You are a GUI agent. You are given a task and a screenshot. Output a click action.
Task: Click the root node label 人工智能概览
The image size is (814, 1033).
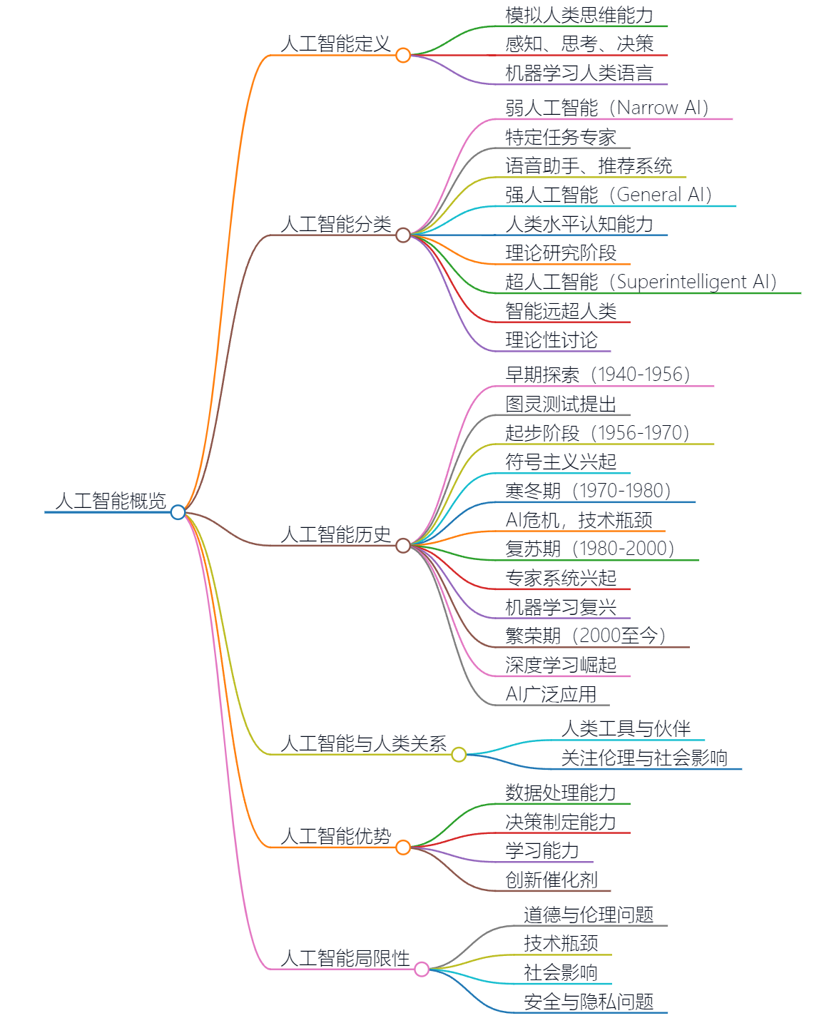[x=111, y=501]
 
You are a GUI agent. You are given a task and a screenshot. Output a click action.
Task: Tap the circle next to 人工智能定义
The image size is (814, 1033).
[x=403, y=55]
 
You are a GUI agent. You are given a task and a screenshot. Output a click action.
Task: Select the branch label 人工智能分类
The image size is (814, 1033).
[x=336, y=224]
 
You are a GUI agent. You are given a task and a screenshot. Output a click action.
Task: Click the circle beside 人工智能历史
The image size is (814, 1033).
[x=403, y=546]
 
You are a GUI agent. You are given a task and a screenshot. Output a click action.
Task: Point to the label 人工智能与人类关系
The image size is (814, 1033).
[x=363, y=743]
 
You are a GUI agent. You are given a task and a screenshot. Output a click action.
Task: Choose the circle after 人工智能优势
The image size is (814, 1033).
[x=403, y=847]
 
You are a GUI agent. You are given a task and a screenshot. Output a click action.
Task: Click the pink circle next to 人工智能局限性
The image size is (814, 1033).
[x=422, y=969]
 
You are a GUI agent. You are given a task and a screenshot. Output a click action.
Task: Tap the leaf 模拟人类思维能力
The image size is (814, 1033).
[x=579, y=15]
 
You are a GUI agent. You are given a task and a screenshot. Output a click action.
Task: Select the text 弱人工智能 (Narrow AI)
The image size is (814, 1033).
[x=606, y=108]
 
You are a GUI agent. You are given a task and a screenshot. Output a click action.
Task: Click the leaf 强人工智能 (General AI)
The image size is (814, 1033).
[x=609, y=195]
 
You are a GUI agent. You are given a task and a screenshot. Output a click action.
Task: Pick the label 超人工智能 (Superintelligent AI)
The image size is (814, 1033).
[x=641, y=282]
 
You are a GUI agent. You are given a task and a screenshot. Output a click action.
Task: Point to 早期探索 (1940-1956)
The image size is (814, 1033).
[x=597, y=375]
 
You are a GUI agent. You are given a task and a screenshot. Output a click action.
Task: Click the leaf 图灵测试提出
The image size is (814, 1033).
[x=561, y=404]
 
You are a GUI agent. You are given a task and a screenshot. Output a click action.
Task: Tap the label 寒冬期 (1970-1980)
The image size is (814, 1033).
[x=588, y=491]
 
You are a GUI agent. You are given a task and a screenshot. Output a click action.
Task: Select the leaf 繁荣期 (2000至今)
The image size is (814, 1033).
[x=585, y=636]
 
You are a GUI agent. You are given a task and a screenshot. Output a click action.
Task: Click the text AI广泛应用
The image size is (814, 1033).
[x=551, y=694]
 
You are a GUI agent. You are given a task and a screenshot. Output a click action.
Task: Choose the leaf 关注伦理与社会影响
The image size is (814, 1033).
[x=643, y=758]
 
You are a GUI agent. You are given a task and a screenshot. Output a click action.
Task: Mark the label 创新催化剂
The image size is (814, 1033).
[x=551, y=880]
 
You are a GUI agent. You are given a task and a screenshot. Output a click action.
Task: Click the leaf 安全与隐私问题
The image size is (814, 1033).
[x=588, y=1002]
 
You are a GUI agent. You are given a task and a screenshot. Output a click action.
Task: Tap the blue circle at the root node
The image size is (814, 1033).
[x=178, y=512]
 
